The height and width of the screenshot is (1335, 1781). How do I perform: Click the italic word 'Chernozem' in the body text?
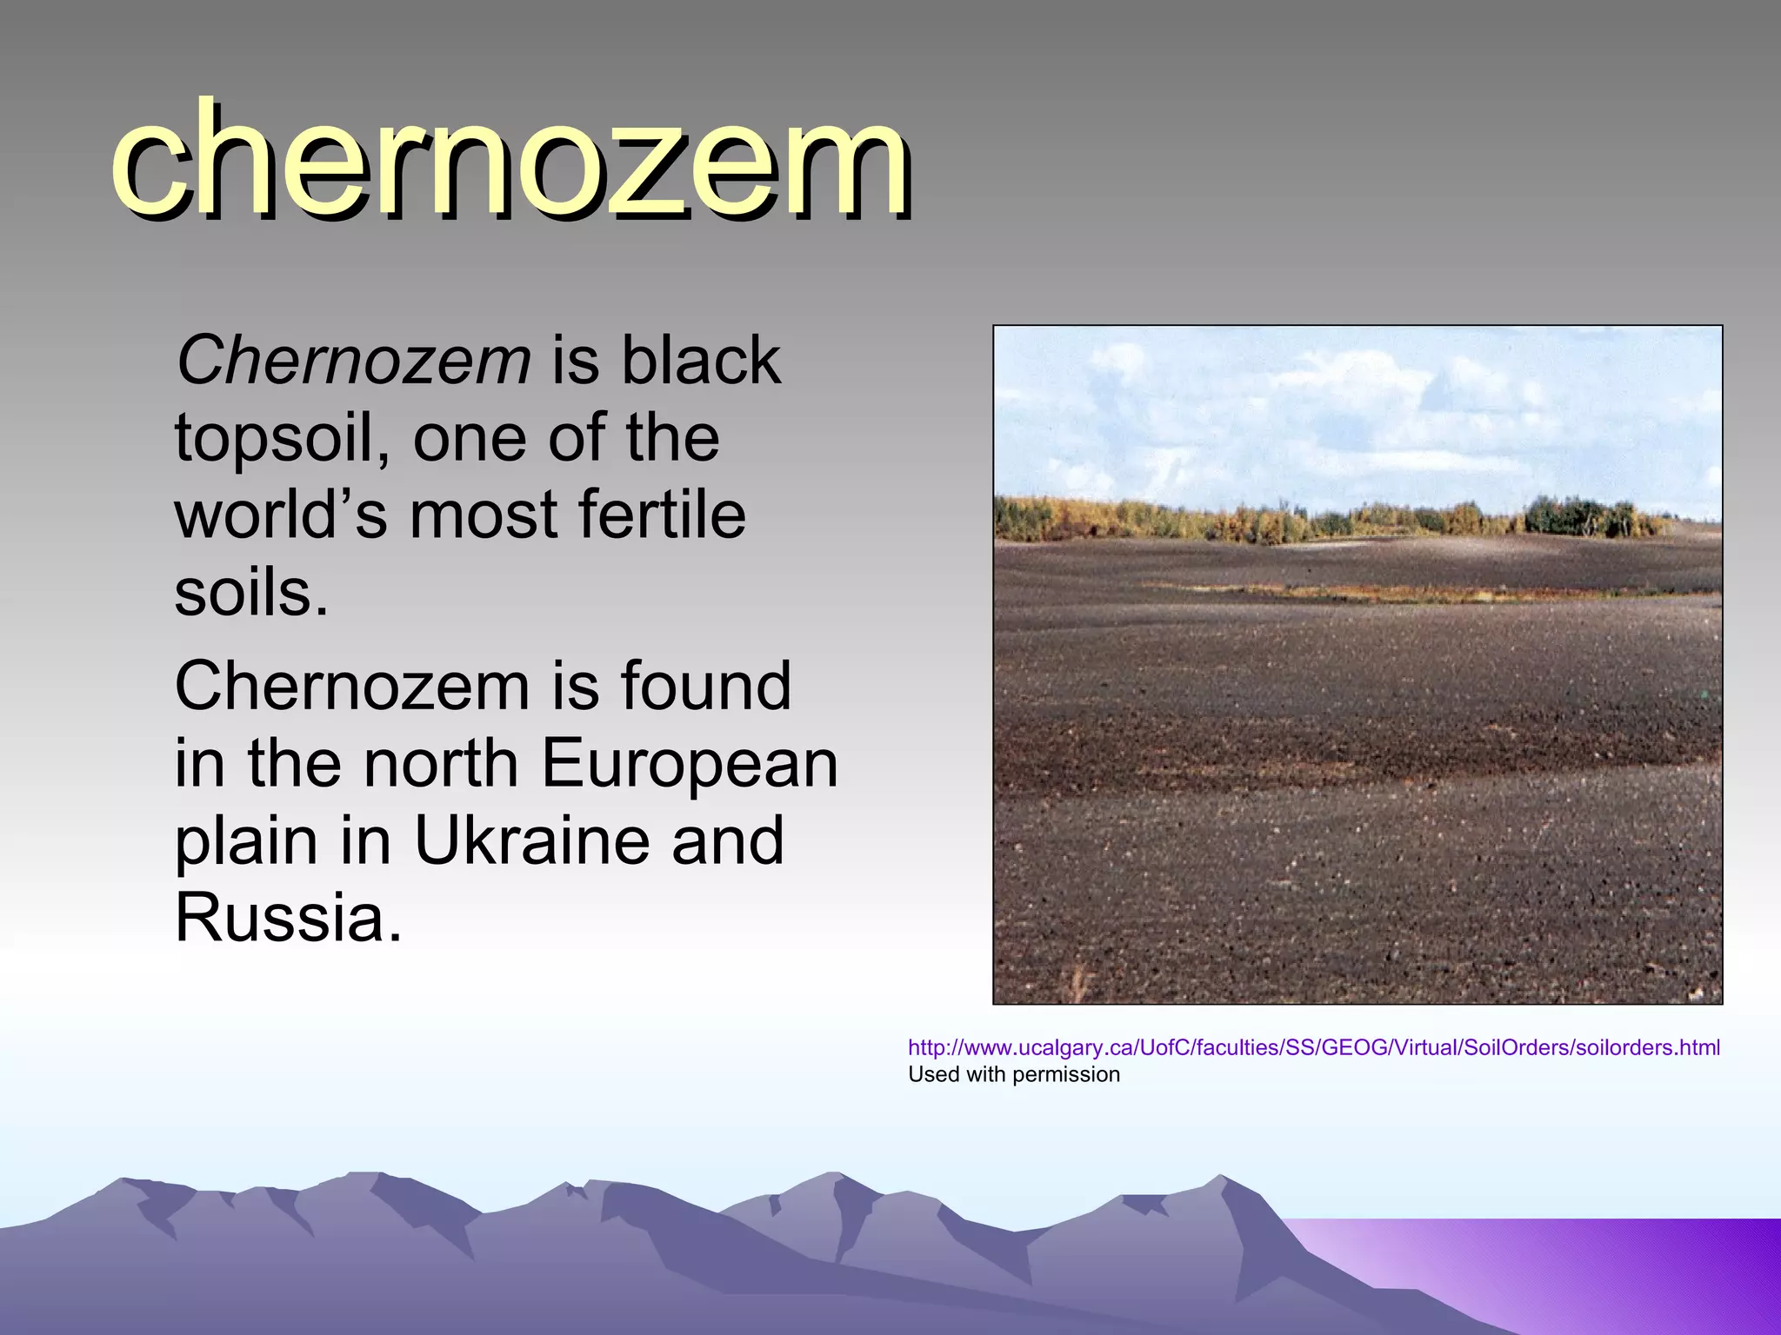353,360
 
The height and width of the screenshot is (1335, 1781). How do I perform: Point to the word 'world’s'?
280,515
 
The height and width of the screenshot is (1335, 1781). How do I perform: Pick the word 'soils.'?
252,594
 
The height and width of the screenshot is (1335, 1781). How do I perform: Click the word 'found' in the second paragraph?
705,686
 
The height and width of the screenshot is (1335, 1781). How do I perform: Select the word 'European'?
690,763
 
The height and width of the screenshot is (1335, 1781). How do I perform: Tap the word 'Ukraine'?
532,840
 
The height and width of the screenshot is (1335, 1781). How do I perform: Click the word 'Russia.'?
289,918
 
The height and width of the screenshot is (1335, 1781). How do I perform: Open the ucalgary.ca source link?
1313,1048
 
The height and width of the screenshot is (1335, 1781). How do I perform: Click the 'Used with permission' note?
1014,1075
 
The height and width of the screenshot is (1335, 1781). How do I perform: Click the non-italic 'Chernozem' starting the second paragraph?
352,686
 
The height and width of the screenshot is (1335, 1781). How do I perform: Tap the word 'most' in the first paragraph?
484,515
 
